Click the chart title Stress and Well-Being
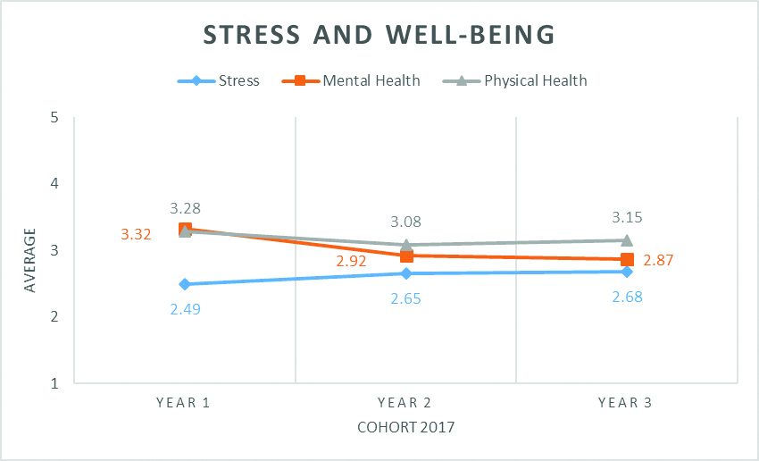coord(379,35)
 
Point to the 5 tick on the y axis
coord(55,117)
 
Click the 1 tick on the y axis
coord(55,383)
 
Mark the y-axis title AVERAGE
coord(30,260)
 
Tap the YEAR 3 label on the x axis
coord(626,403)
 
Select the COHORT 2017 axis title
coord(406,427)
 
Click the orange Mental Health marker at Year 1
coord(185,230)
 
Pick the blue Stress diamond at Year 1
coord(185,284)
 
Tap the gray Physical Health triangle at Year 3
coord(627,239)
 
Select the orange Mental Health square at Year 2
coord(406,256)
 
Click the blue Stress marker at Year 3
coord(627,272)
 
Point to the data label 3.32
coord(137,235)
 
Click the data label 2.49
coord(185,309)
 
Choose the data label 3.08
coord(406,222)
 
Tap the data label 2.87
coord(657,261)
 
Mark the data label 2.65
coord(406,298)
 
